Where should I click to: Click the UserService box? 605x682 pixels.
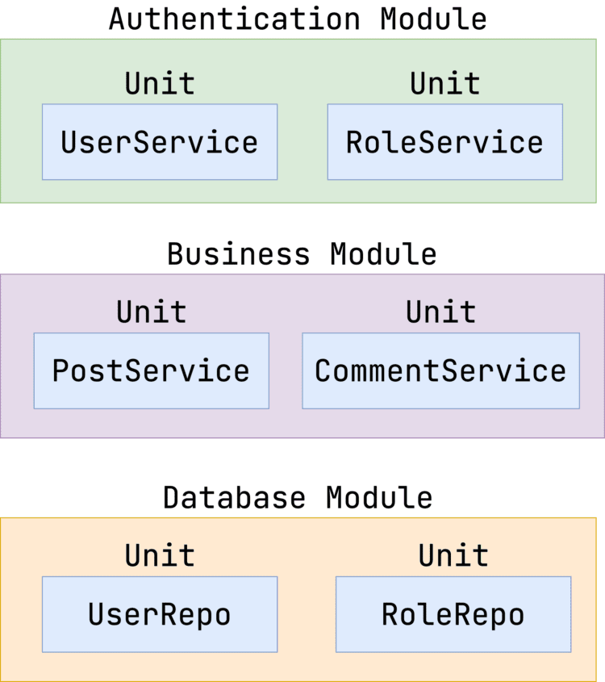click(160, 142)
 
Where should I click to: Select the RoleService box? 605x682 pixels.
click(444, 142)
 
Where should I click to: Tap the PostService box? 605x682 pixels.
click(151, 370)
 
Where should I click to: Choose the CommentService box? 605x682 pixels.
click(440, 370)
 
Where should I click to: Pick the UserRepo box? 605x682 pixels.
click(160, 614)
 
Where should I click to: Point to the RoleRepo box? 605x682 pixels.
click(453, 614)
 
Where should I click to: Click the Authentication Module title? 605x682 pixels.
click(298, 19)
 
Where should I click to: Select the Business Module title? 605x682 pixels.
click(302, 253)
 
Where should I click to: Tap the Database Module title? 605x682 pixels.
click(298, 496)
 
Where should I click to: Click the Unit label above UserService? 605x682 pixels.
click(160, 83)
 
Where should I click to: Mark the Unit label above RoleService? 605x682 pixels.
click(444, 83)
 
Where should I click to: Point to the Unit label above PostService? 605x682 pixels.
click(151, 312)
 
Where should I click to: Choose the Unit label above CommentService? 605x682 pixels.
click(440, 312)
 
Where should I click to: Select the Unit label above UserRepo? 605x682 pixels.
click(160, 555)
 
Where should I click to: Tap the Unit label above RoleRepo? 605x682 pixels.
click(453, 555)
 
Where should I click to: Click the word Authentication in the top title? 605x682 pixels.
click(234, 19)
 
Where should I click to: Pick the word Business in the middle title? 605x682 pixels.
click(238, 253)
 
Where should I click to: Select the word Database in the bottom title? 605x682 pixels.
click(234, 496)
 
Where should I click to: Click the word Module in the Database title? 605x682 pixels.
click(379, 496)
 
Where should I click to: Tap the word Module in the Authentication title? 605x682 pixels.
click(434, 19)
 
